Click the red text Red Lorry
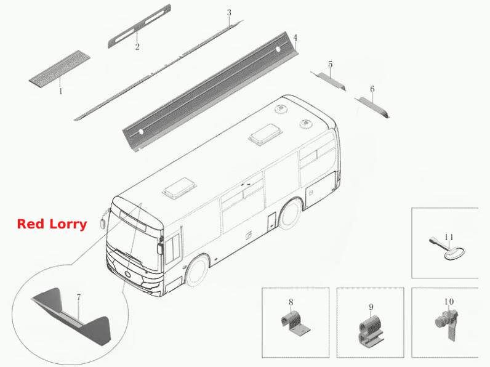point(52,224)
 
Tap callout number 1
point(60,91)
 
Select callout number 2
point(137,47)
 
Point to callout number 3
point(229,13)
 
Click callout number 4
point(295,38)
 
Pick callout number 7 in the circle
point(78,297)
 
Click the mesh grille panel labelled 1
point(60,68)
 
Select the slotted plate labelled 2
point(139,26)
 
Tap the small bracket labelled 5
point(329,80)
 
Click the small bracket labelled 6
point(372,107)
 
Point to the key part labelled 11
point(447,250)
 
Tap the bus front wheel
point(198,270)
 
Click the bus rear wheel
point(291,214)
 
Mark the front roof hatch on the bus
point(179,188)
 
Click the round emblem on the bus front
point(128,274)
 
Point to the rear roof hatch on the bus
point(265,135)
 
